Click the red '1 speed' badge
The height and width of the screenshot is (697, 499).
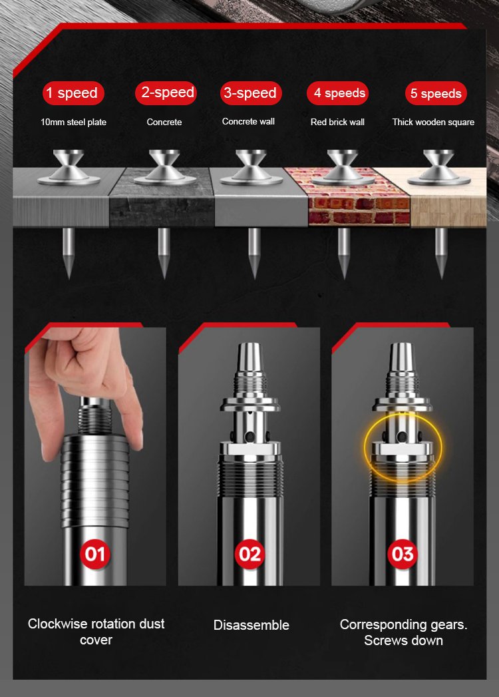pyautogui.click(x=73, y=93)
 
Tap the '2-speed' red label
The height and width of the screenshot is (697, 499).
pyautogui.click(x=166, y=93)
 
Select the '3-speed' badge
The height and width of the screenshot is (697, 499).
pyautogui.click(x=251, y=93)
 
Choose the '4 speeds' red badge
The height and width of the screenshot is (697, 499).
pyautogui.click(x=338, y=93)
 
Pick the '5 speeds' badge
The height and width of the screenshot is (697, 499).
pyautogui.click(x=436, y=93)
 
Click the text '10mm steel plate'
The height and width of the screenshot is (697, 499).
pyautogui.click(x=73, y=122)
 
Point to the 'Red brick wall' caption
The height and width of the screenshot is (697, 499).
pyautogui.click(x=337, y=122)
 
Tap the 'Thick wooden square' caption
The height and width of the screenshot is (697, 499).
pyautogui.click(x=433, y=122)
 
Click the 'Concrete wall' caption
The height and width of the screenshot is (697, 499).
pyautogui.click(x=248, y=121)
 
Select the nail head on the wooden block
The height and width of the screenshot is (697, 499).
pyautogui.click(x=438, y=168)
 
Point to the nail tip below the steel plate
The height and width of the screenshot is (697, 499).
pyautogui.click(x=69, y=278)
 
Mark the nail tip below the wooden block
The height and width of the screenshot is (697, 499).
pyautogui.click(x=441, y=278)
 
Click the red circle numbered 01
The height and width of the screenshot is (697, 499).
pyautogui.click(x=95, y=554)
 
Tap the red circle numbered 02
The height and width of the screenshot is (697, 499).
pyautogui.click(x=249, y=554)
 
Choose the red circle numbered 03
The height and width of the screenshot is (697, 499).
pyautogui.click(x=403, y=554)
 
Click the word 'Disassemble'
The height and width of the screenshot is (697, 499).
pyautogui.click(x=251, y=625)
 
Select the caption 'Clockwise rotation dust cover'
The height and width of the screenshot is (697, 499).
pyautogui.click(x=96, y=632)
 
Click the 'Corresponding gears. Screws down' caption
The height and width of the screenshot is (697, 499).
pyautogui.click(x=403, y=632)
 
